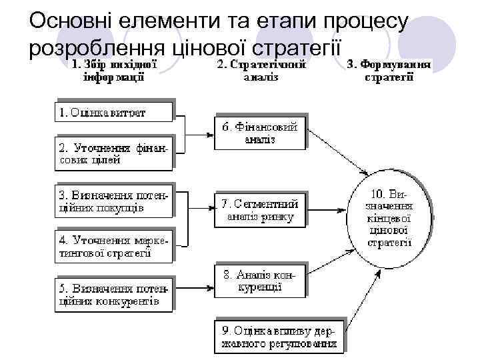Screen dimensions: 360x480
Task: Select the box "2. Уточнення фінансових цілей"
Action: click(x=113, y=152)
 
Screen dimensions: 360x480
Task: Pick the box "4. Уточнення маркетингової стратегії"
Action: click(x=113, y=246)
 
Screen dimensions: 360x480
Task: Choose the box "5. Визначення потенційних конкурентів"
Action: click(x=113, y=294)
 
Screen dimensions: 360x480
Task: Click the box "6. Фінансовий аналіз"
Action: click(x=259, y=132)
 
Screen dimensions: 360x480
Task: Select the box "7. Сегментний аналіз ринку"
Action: click(x=259, y=209)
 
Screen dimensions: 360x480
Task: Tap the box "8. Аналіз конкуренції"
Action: click(x=259, y=281)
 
